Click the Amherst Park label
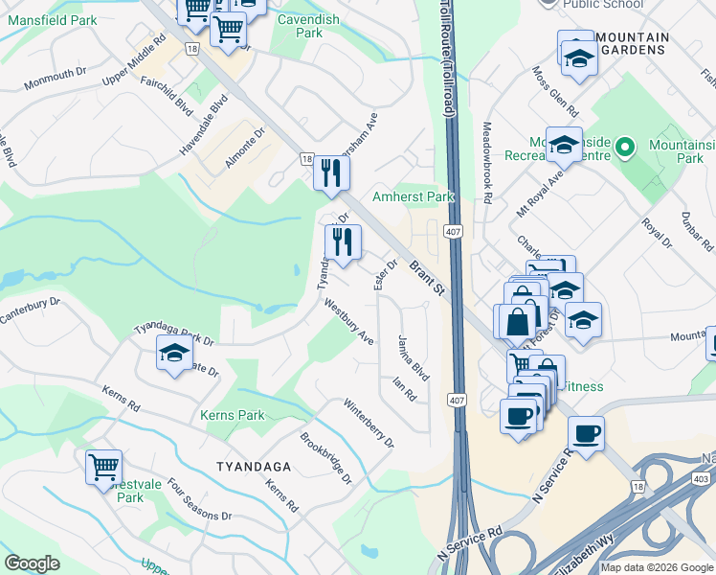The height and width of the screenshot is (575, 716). click(413, 195)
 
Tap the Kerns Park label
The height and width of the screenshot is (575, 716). click(232, 416)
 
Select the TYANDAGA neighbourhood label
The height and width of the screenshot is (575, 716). click(253, 466)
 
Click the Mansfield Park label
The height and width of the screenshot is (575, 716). click(52, 19)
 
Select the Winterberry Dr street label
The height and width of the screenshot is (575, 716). click(369, 424)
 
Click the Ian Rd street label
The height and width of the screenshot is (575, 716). click(405, 389)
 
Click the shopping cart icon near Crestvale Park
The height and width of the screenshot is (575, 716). click(103, 468)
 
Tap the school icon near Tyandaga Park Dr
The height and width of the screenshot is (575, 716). click(174, 355)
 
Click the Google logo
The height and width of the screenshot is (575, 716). click(32, 563)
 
